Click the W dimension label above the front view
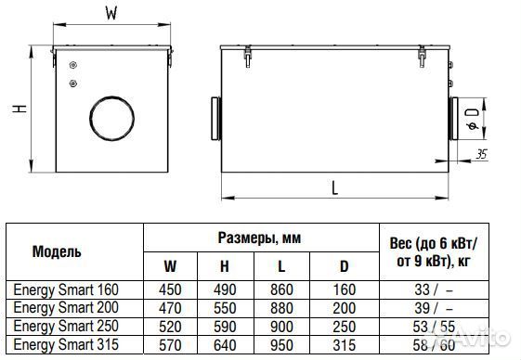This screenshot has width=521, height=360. point(111,13)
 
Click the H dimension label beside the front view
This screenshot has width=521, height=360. point(20,109)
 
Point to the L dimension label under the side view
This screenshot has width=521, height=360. point(335,188)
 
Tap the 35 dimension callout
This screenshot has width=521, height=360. point(481,154)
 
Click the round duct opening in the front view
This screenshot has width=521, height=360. point(112,118)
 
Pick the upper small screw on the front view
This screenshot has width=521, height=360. point(73,65)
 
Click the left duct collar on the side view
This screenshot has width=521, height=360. point(216,118)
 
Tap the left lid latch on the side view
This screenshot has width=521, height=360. point(248,57)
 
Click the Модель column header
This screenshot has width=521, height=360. point(57,251)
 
